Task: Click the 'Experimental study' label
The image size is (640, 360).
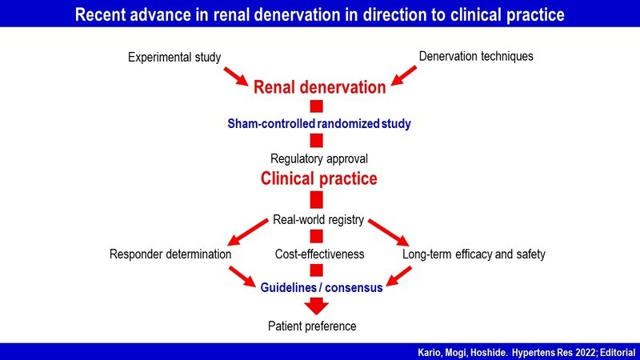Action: coord(175,57)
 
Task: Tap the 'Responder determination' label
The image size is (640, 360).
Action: coord(171,254)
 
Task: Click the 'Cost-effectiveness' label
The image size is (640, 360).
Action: coord(319,254)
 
